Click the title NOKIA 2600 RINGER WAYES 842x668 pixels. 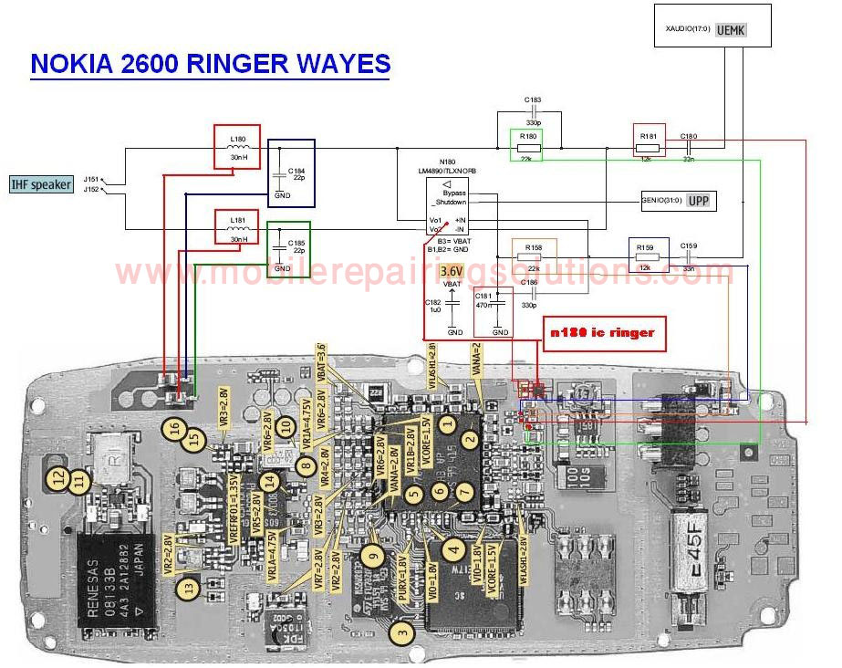pyautogui.click(x=211, y=64)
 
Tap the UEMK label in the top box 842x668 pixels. pyautogui.click(x=731, y=30)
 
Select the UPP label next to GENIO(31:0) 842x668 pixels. pyautogui.click(x=697, y=202)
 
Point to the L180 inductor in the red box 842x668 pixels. pyautogui.click(x=237, y=146)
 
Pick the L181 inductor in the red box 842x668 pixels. pyautogui.click(x=237, y=227)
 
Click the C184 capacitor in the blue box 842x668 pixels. pyautogui.click(x=291, y=172)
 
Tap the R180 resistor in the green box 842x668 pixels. pyautogui.click(x=526, y=145)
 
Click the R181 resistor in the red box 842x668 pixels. pyautogui.click(x=648, y=142)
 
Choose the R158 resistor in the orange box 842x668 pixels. pyautogui.click(x=534, y=256)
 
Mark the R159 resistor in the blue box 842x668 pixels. pyautogui.click(x=648, y=256)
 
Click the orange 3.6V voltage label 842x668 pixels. pyautogui.click(x=451, y=271)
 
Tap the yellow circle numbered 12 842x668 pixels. pyautogui.click(x=58, y=475)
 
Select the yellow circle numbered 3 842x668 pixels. pyautogui.click(x=402, y=629)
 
